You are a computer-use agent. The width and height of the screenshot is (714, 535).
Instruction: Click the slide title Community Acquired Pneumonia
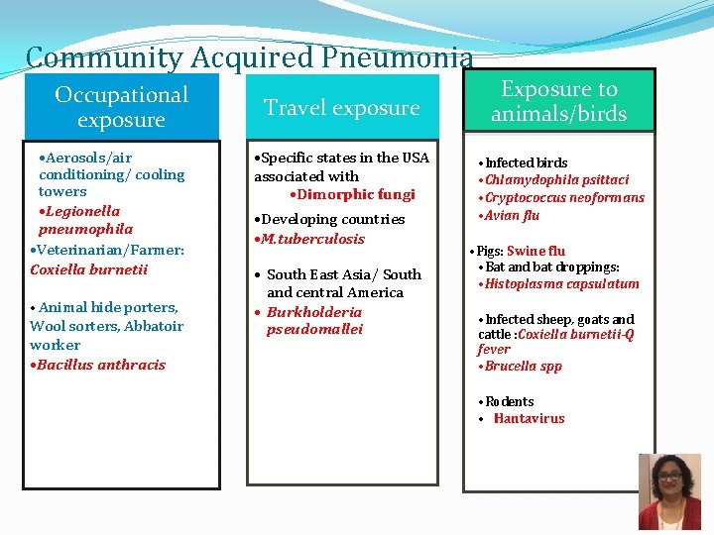(x=249, y=58)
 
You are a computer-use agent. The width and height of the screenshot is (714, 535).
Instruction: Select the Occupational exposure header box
(x=121, y=107)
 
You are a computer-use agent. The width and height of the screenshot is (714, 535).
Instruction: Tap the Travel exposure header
(x=341, y=107)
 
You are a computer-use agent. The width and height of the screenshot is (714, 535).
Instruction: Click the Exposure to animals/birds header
(x=558, y=101)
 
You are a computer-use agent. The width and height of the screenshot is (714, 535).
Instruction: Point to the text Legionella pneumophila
(x=85, y=220)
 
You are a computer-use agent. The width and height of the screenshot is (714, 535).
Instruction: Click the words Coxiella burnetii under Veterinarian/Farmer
(x=89, y=269)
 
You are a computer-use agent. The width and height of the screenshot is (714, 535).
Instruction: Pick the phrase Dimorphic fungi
(x=355, y=194)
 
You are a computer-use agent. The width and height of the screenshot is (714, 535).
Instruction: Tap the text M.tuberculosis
(x=312, y=239)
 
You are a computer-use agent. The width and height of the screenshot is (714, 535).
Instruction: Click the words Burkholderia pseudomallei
(x=314, y=320)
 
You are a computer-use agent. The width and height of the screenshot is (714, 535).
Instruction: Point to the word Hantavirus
(x=531, y=419)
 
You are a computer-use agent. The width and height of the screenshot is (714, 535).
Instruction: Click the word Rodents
(x=510, y=402)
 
